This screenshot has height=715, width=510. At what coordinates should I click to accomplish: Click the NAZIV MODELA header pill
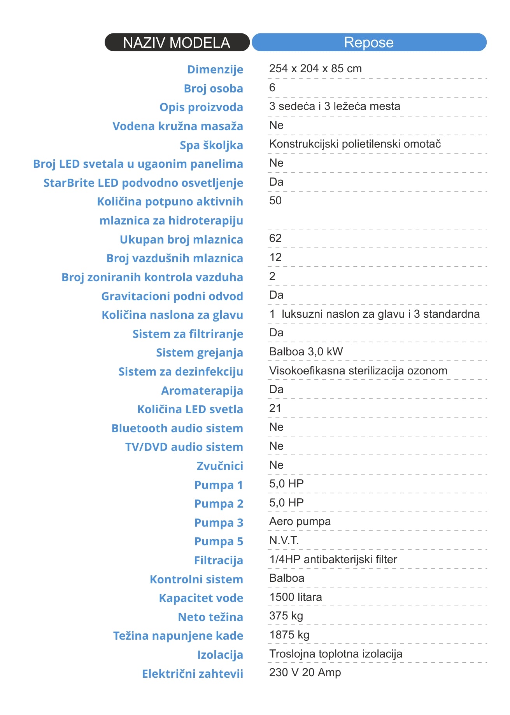pyautogui.click(x=177, y=42)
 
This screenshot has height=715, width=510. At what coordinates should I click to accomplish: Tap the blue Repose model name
pyautogui.click(x=369, y=42)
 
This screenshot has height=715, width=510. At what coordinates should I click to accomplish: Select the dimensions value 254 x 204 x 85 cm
pyautogui.click(x=315, y=69)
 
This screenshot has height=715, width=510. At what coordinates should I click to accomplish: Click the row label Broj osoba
pyautogui.click(x=213, y=89)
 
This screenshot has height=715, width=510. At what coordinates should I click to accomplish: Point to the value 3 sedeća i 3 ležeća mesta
pyautogui.click(x=335, y=106)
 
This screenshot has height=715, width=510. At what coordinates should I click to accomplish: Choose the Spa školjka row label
pyautogui.click(x=211, y=145)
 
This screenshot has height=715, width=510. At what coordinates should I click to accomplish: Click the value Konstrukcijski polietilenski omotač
pyautogui.click(x=355, y=144)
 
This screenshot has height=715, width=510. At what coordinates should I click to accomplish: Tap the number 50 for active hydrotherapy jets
pyautogui.click(x=275, y=201)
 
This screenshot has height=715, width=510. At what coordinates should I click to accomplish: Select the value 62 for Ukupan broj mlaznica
pyautogui.click(x=275, y=238)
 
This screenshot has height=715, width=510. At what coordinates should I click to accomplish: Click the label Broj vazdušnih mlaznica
pyautogui.click(x=175, y=258)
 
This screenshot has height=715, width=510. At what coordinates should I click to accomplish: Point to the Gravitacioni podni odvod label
pyautogui.click(x=172, y=296)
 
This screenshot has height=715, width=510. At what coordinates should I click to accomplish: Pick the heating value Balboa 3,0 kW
pyautogui.click(x=306, y=352)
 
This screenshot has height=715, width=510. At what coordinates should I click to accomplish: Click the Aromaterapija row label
pyautogui.click(x=202, y=391)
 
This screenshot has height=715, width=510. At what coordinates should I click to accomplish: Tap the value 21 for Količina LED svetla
pyautogui.click(x=275, y=409)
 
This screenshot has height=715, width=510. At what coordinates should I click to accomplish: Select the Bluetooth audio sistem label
pyautogui.click(x=177, y=428)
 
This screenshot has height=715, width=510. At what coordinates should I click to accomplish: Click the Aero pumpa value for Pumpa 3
pyautogui.click(x=300, y=522)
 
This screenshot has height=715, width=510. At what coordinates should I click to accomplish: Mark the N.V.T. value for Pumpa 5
pyautogui.click(x=284, y=541)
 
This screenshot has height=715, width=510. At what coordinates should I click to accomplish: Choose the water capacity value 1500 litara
pyautogui.click(x=295, y=597)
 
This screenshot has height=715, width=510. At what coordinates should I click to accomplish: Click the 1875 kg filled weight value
pyautogui.click(x=289, y=635)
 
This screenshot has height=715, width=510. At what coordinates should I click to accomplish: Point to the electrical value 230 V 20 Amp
pyautogui.click(x=305, y=673)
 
